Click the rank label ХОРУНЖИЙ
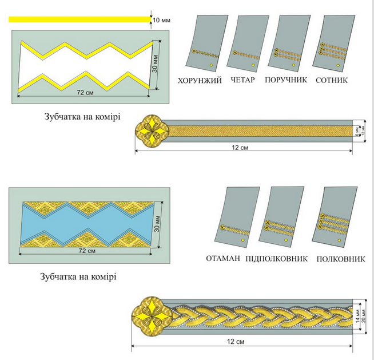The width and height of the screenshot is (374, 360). pos(200,81)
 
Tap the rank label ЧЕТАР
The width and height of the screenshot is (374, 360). pos(243,81)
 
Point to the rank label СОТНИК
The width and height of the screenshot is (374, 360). pos(332,81)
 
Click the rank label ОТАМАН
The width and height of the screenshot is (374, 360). pos(224,259)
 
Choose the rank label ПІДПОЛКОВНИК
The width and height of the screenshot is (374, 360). pos(277,259)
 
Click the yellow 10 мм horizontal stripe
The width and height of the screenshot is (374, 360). pos(77,19)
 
